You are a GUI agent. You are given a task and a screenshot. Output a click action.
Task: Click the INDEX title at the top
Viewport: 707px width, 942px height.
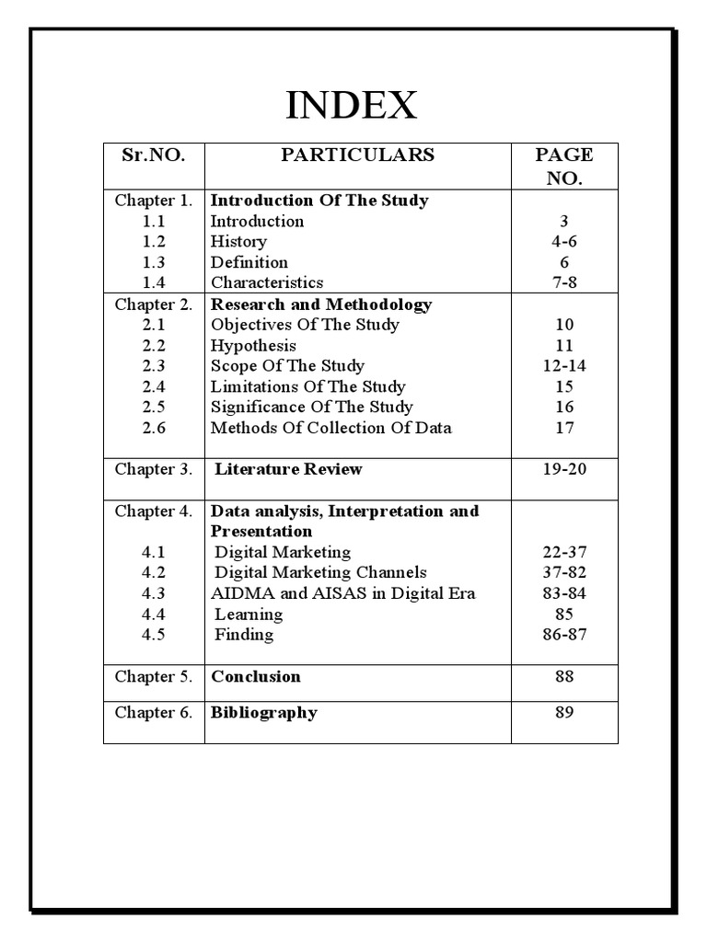351,106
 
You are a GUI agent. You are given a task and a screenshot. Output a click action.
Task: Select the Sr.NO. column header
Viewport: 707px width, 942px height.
153,155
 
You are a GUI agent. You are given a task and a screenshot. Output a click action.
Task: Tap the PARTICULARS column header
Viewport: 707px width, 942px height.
357,155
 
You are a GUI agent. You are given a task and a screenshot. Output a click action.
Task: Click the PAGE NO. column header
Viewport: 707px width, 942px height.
564,167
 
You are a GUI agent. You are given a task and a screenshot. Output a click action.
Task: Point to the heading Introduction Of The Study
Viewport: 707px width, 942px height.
319,201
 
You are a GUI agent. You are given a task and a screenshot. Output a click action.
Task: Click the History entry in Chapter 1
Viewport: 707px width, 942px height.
238,242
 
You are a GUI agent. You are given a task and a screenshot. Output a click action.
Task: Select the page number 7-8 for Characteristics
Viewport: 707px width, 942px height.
564,282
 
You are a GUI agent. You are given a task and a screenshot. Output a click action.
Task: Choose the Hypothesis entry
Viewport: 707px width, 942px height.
253,346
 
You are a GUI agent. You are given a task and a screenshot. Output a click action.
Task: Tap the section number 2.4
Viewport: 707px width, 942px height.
153,386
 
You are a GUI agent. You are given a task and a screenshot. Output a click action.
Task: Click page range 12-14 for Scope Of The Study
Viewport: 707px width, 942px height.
564,366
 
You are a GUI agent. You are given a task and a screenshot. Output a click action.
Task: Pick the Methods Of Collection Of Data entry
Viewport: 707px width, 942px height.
330,428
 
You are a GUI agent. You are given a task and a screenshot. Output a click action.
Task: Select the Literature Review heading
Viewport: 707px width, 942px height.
288,469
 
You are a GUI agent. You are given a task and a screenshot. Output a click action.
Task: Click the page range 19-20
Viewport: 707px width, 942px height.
564,469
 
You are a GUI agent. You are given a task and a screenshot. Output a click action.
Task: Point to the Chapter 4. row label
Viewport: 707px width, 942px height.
153,511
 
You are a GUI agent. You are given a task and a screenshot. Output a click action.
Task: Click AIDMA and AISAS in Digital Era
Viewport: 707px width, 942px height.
342,593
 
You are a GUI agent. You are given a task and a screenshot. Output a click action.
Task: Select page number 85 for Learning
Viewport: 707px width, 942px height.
564,614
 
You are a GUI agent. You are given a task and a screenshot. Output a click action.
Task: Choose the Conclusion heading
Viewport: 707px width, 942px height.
256,677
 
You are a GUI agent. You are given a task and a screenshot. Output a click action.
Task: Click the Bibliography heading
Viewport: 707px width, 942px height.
264,713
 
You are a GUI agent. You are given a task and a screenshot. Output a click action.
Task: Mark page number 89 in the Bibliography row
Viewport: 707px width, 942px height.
564,713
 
